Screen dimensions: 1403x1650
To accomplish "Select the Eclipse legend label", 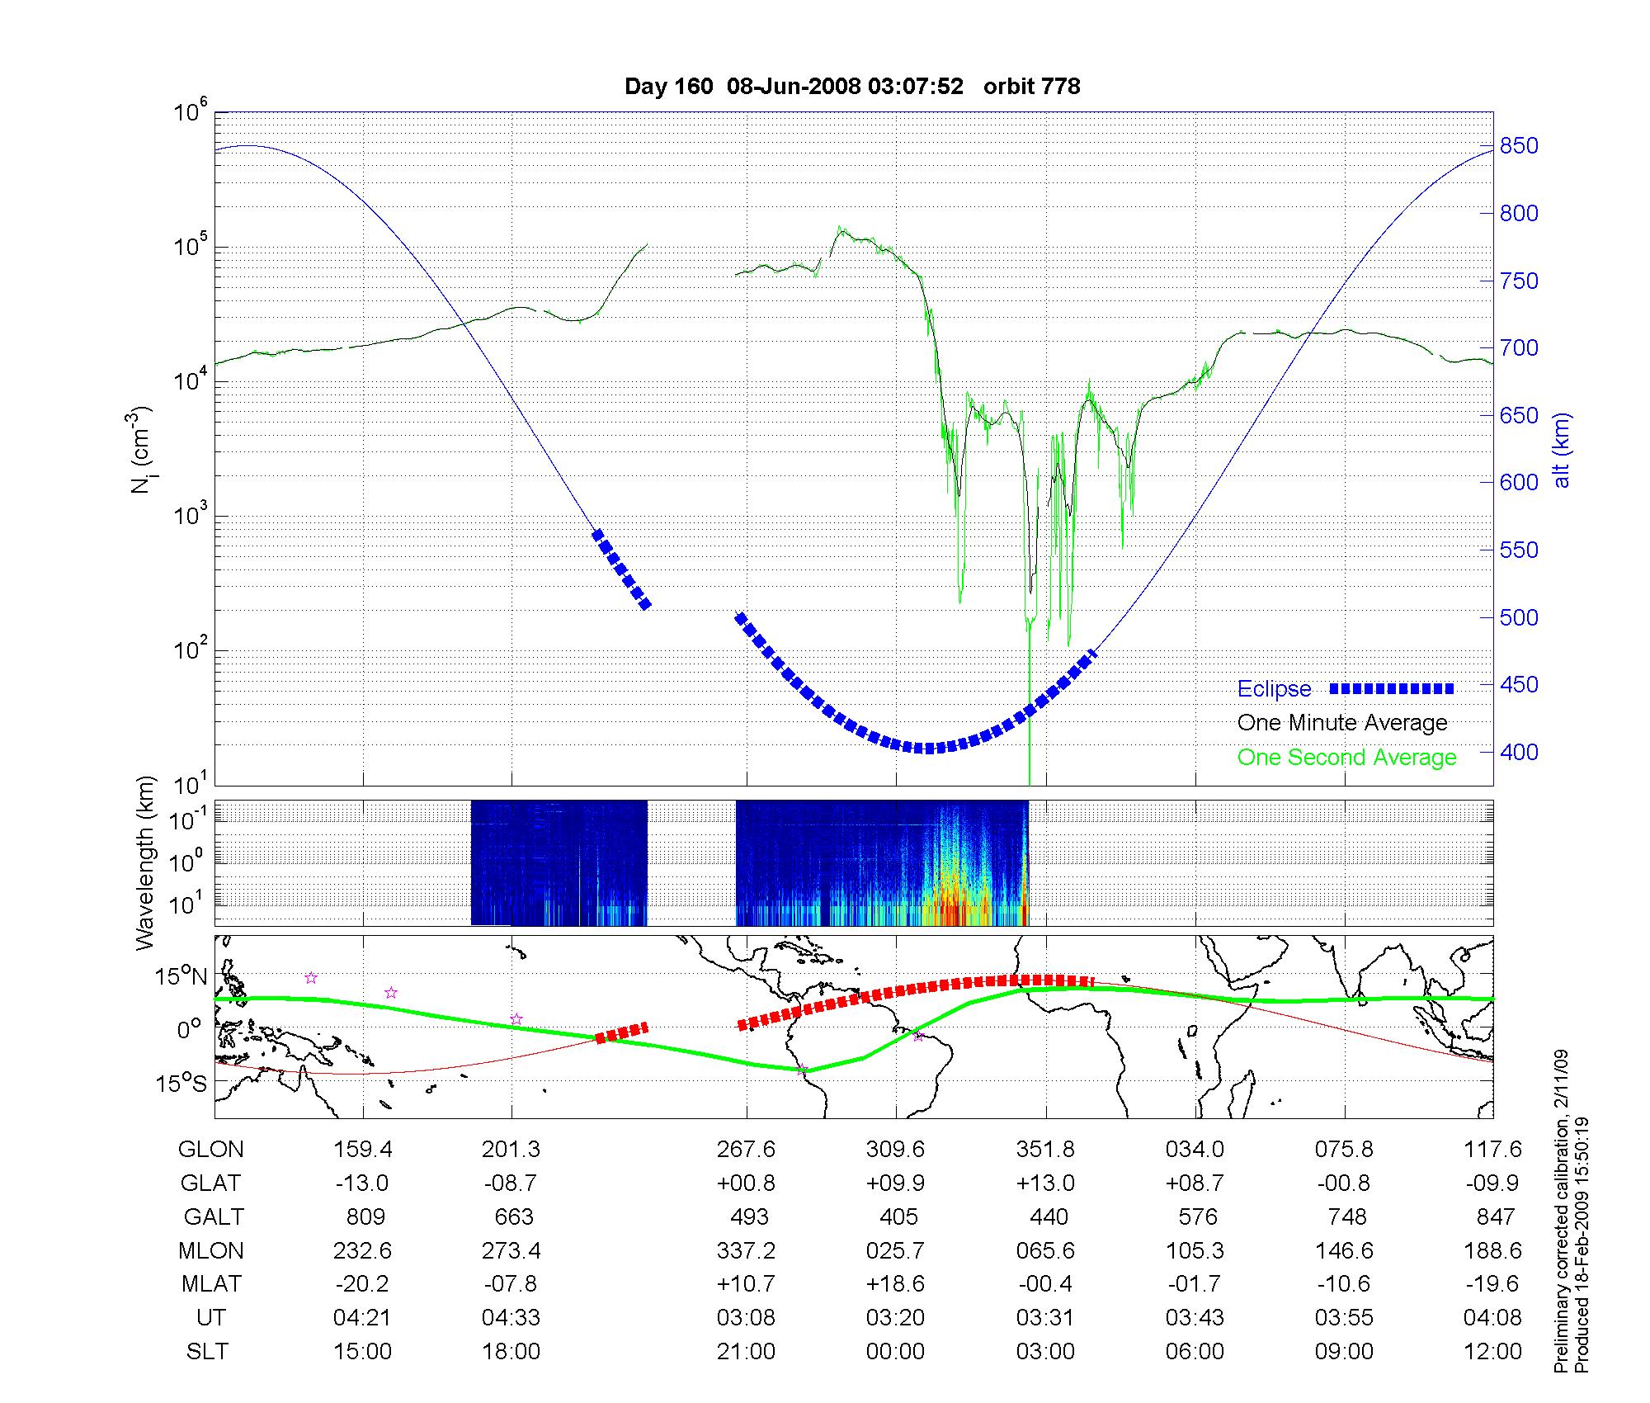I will click(x=1274, y=689).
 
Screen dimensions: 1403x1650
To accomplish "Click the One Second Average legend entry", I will click(x=1346, y=758).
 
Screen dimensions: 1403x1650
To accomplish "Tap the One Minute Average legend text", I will click(x=1342, y=723).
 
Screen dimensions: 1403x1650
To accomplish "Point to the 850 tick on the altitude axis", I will click(x=1518, y=146).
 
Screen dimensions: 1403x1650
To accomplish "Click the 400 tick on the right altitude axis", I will click(x=1518, y=752).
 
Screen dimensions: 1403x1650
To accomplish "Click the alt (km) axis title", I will click(x=1562, y=450).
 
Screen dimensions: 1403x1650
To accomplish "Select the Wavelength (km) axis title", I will click(x=145, y=862).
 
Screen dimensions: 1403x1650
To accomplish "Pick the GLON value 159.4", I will click(x=362, y=1149).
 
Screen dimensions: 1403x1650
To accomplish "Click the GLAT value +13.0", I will click(x=1045, y=1183).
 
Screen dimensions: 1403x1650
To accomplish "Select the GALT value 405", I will click(x=898, y=1216).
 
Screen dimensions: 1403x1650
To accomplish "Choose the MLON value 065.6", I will click(x=1045, y=1250).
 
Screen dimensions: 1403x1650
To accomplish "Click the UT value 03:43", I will click(x=1195, y=1317).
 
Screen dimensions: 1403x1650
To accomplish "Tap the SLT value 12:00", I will click(x=1492, y=1351).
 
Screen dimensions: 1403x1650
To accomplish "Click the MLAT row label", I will click(x=211, y=1284).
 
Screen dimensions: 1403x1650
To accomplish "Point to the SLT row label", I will click(x=207, y=1351).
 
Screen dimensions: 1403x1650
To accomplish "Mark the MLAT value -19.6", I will click(x=1492, y=1284).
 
